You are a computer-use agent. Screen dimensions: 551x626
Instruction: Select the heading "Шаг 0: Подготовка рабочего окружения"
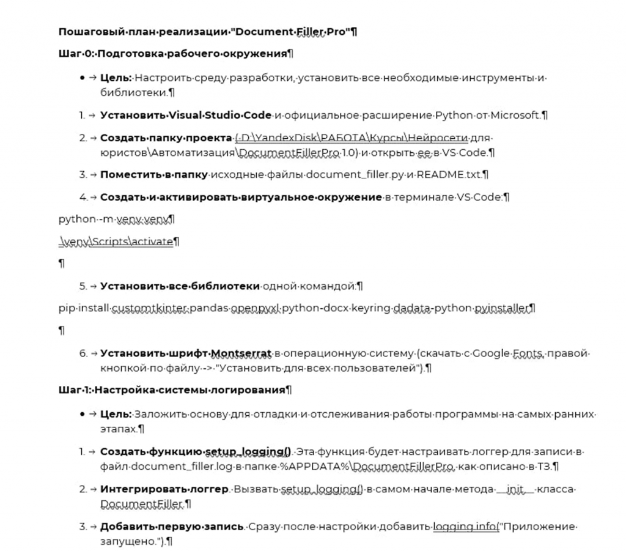point(175,54)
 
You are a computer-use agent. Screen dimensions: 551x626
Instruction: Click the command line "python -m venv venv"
point(116,219)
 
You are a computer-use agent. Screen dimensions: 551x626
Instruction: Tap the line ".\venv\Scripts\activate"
point(116,242)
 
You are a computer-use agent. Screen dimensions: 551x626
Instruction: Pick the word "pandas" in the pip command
point(208,309)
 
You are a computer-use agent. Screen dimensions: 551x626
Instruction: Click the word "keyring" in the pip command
point(372,309)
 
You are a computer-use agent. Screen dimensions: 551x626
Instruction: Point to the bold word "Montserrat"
point(241,353)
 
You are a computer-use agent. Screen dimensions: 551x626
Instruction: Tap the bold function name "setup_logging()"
point(248,453)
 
